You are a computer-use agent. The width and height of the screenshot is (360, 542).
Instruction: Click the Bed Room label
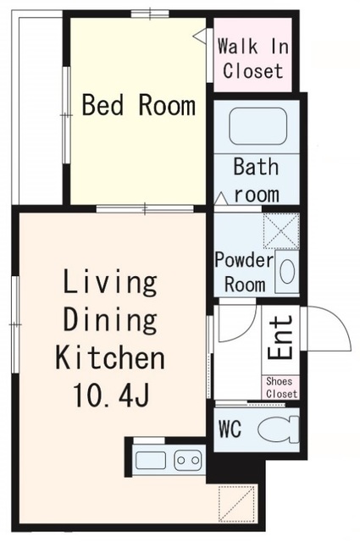coord(139,105)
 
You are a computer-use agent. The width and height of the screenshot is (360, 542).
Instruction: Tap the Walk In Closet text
coord(253,58)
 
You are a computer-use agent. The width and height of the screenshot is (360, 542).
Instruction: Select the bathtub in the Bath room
coord(258,126)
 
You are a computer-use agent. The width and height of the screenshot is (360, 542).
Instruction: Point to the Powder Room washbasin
coord(287,271)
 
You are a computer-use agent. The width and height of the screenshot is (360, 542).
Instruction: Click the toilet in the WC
coord(278,429)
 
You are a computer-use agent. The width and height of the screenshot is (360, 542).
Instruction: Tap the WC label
coord(230,429)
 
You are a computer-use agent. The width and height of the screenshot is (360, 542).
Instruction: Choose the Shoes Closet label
coord(281,388)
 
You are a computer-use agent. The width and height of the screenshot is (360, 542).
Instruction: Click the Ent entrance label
coord(280,337)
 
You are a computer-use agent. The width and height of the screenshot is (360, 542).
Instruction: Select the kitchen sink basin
coord(151,461)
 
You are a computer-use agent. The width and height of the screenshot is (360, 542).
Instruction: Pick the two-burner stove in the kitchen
coord(188,460)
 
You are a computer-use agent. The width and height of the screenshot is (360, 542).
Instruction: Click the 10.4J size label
coord(111,395)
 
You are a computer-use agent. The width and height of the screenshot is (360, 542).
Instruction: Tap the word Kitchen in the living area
coord(110,356)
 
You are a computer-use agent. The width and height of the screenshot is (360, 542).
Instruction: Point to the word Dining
coord(110,320)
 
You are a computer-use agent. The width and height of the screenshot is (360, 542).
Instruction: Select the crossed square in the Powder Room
coord(281,230)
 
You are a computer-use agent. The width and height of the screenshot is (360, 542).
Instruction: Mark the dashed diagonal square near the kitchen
coord(238,503)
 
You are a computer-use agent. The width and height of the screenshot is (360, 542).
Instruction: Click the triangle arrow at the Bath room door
coord(220,199)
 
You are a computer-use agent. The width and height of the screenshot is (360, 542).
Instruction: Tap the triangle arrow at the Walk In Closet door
coord(199,35)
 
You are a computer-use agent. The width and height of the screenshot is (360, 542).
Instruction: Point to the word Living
coord(110,282)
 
